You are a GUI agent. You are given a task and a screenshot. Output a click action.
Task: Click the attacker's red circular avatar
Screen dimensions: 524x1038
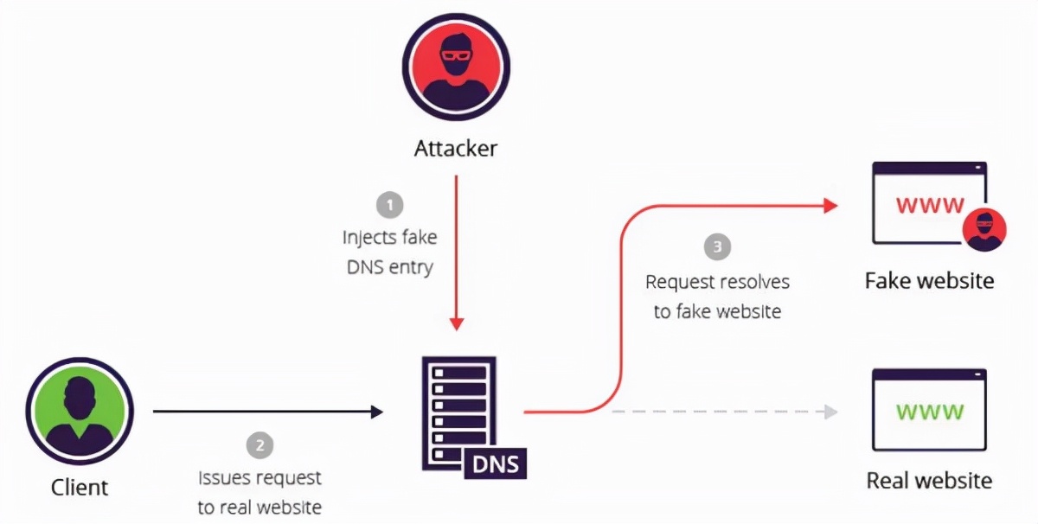coord(456,67)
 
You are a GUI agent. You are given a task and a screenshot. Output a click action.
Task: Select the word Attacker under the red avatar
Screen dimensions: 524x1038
coord(456,148)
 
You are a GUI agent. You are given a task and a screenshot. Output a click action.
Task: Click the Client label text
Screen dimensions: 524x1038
coord(80,487)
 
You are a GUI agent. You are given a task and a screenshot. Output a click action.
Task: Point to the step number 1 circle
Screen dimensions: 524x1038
coord(389,206)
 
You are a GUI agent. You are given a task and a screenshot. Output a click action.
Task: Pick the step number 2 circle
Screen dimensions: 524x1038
coord(259,446)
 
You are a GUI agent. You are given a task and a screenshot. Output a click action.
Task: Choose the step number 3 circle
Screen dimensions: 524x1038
coord(717,248)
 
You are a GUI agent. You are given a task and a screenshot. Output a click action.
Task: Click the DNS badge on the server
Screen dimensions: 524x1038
coord(496,464)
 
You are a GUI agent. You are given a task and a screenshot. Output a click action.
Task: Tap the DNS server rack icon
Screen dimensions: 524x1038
coord(458,409)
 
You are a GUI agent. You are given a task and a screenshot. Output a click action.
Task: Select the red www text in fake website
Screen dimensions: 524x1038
coord(930,206)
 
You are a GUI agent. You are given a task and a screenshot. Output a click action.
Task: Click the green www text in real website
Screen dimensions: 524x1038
coord(930,411)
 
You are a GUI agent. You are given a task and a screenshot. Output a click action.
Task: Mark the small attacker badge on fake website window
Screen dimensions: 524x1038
coord(985,229)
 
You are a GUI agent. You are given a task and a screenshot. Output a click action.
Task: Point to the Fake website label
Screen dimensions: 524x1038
coord(930,281)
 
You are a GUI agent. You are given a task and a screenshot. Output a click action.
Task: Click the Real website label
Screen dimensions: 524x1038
coord(930,480)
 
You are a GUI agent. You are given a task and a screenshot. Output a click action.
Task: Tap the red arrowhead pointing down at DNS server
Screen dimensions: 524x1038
coord(457,323)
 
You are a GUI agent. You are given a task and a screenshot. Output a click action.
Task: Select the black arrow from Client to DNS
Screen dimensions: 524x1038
coord(268,412)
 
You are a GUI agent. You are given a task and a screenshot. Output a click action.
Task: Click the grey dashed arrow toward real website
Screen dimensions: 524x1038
coord(727,412)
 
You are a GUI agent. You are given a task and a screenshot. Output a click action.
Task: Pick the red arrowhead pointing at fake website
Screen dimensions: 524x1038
coord(830,206)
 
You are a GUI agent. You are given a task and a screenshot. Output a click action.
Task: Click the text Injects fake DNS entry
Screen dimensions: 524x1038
coord(389,252)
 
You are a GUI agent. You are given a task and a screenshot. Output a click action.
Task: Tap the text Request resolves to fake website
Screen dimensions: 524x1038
coord(717,297)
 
